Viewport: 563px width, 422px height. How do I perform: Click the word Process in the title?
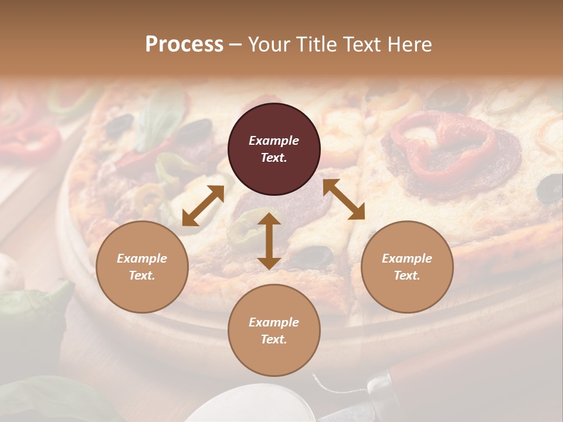tap(184, 45)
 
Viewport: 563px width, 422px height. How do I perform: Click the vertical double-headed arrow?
tap(269, 241)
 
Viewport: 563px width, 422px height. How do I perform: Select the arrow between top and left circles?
tap(203, 206)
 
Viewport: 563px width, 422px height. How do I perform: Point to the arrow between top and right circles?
tap(344, 199)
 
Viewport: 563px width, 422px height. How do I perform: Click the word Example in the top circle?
tap(274, 141)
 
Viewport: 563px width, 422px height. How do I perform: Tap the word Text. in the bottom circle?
tap(274, 339)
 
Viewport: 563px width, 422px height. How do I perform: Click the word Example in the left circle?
tap(142, 258)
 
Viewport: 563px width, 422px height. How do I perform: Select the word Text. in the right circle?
tap(407, 275)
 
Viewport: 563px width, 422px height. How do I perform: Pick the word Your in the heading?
tap(266, 45)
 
